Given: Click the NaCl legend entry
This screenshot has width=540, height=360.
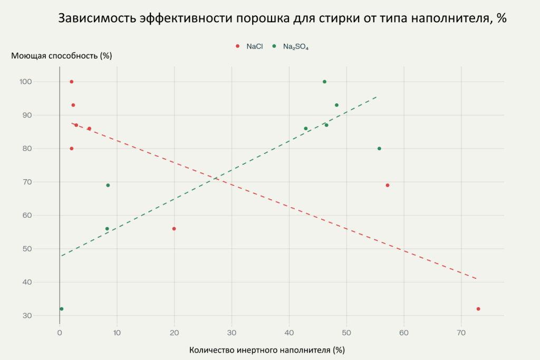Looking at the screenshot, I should (x=250, y=46).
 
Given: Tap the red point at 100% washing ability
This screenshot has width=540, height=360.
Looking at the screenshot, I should (x=72, y=82).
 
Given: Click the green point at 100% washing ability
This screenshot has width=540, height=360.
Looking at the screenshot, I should (x=324, y=82).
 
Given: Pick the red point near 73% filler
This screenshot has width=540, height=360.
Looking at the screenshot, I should (x=478, y=309).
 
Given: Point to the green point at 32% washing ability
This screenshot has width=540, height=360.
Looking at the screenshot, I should (x=62, y=309).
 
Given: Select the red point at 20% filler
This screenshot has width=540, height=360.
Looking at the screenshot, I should (x=174, y=229).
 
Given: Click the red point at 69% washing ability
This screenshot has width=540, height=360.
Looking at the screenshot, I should (x=388, y=185).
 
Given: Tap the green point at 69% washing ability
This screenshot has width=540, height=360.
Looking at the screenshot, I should (x=108, y=185).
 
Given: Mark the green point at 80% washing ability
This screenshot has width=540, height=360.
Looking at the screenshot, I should (x=379, y=149).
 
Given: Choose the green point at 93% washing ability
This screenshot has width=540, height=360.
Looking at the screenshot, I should (x=336, y=105).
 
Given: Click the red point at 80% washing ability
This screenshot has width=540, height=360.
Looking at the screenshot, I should (x=72, y=149).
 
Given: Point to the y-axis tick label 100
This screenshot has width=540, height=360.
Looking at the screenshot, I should (x=42, y=82).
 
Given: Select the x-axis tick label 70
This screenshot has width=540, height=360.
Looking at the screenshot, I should (x=461, y=333).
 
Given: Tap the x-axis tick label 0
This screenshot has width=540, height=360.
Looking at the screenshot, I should (x=60, y=333).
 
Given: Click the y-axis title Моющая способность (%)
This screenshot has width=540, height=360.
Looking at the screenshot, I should (x=62, y=55).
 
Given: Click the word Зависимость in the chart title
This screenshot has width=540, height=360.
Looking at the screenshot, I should (x=98, y=18).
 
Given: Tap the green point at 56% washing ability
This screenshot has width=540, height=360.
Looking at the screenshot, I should (x=107, y=229).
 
